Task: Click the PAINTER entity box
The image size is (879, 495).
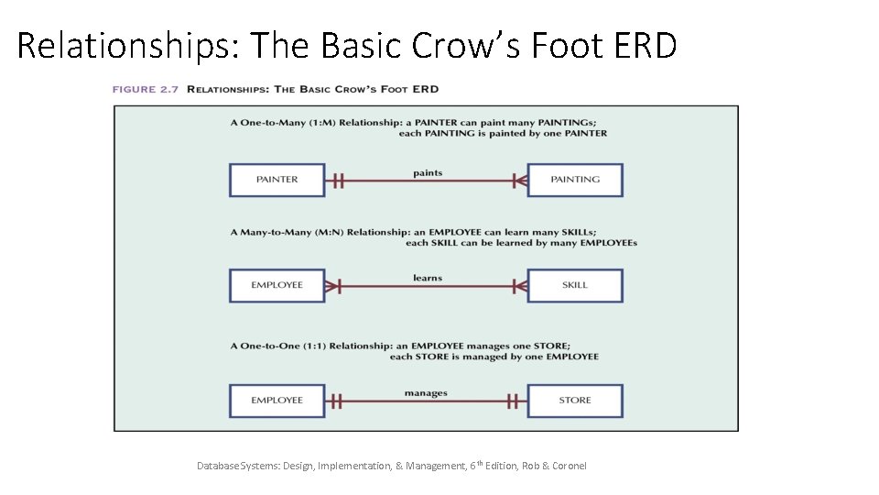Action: (277, 180)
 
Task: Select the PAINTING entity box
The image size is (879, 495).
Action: (575, 180)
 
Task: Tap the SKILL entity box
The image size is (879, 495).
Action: (575, 285)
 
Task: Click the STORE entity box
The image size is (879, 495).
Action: (575, 401)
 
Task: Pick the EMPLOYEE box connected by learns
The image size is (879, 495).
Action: (277, 285)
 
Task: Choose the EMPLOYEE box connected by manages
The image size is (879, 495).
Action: (277, 401)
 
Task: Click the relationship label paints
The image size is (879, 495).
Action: (427, 172)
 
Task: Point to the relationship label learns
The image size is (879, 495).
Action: (427, 278)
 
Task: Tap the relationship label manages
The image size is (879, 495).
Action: (426, 393)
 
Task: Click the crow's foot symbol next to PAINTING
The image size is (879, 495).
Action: (519, 181)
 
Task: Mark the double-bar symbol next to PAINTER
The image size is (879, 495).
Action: (337, 181)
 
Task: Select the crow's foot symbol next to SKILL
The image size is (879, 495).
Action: (519, 286)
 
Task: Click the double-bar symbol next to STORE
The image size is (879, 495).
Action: (513, 401)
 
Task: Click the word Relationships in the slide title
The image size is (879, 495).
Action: (125, 44)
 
